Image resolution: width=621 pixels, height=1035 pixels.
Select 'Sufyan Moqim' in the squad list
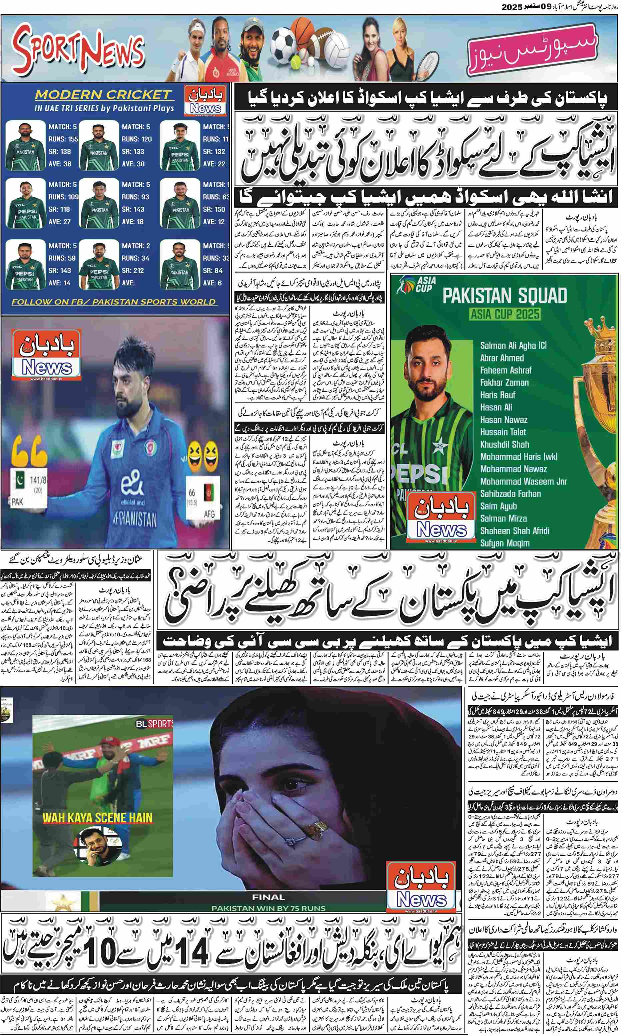coord(505,543)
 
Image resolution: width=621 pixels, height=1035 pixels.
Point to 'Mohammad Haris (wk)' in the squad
coord(519,457)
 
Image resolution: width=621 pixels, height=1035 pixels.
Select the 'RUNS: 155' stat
coord(63,139)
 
